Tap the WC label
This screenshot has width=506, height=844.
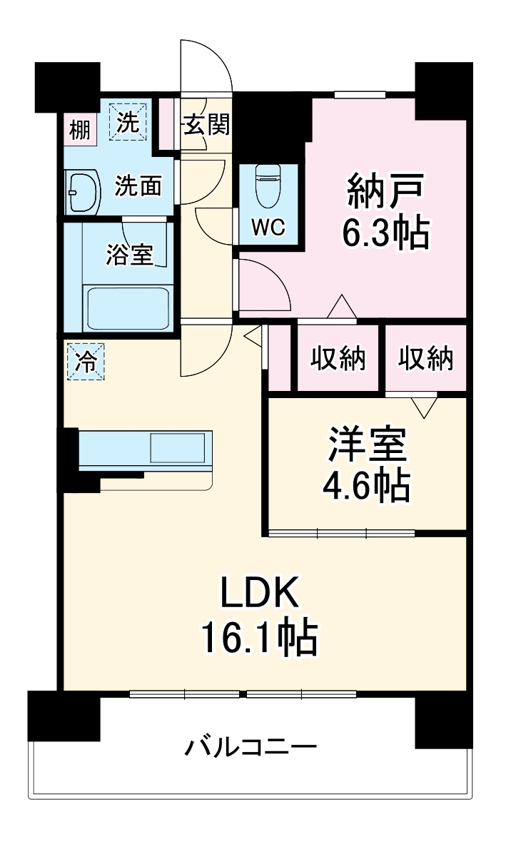(x=268, y=228)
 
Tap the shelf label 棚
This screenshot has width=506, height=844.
(x=79, y=130)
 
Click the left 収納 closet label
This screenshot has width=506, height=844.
(x=338, y=358)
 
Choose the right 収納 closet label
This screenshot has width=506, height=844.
(x=425, y=358)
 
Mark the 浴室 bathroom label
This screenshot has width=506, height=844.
(x=130, y=255)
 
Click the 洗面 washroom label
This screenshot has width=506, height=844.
(x=138, y=187)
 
